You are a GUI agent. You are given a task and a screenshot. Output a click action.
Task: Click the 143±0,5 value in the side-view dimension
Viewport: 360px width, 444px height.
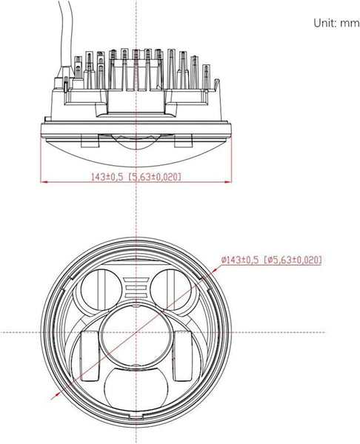pos(108,176)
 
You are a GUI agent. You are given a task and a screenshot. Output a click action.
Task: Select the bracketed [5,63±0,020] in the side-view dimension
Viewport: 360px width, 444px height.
pos(156,176)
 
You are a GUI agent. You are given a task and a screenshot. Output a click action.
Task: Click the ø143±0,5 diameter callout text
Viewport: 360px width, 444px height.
pos(241,260)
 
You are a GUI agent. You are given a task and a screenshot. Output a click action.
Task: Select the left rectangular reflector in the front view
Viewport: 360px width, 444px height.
pos(90,354)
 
